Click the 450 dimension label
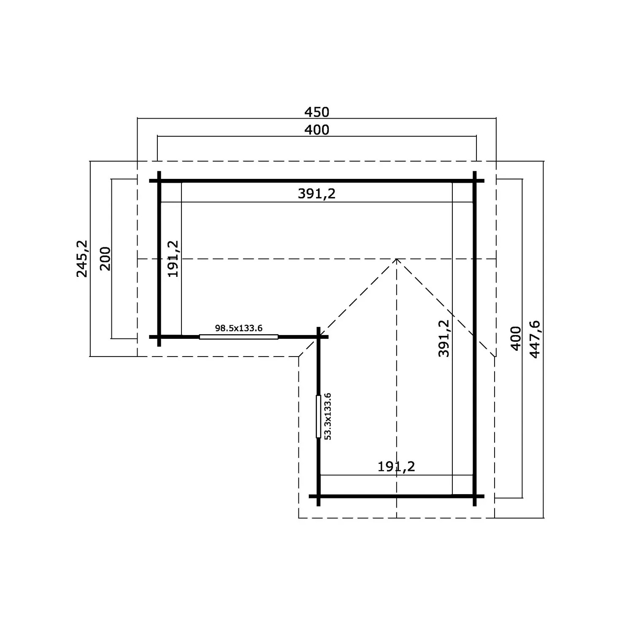(x=316, y=112)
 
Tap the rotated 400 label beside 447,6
(x=516, y=338)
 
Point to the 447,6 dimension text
(x=534, y=340)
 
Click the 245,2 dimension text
(x=82, y=258)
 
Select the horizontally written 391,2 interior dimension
(x=316, y=193)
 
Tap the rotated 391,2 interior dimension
(x=444, y=338)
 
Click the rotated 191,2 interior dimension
(x=173, y=259)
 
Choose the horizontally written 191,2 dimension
(x=396, y=466)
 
